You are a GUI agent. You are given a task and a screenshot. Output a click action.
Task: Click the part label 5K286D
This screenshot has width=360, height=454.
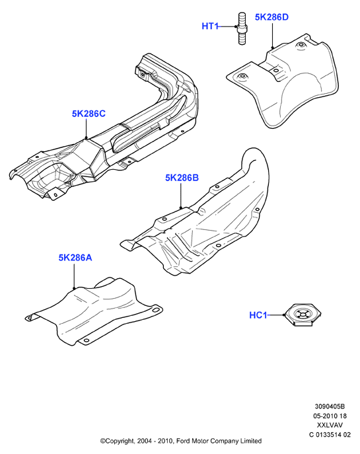(271, 17)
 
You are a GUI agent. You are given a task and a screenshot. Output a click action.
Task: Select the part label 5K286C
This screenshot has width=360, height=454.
(89, 114)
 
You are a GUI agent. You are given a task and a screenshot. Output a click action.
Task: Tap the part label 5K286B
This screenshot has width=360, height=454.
(182, 178)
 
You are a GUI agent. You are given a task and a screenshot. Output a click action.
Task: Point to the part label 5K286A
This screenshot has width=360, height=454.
(75, 258)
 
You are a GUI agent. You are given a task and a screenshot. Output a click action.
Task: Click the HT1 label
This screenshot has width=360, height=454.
(210, 26)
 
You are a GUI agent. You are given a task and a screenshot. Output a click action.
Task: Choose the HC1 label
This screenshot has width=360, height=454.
(258, 315)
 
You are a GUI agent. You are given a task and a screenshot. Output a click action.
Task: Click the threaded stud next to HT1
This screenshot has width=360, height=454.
(242, 28)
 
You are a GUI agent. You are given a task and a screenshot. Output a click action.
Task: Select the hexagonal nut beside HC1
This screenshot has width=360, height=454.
(302, 315)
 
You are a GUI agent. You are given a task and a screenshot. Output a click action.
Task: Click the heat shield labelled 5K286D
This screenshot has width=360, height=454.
(289, 84)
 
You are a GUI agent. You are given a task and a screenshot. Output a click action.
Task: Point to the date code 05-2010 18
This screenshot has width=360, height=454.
(330, 416)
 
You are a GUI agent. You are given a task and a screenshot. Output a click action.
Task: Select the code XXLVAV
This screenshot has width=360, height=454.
(330, 425)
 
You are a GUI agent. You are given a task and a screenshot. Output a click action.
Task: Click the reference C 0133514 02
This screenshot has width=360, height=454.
(330, 434)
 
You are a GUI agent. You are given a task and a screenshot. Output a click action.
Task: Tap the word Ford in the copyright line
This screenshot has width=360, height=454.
(183, 441)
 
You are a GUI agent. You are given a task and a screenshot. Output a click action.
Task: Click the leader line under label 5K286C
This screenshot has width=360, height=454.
(87, 129)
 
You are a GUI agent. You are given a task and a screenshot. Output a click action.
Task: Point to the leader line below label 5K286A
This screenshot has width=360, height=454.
(74, 276)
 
